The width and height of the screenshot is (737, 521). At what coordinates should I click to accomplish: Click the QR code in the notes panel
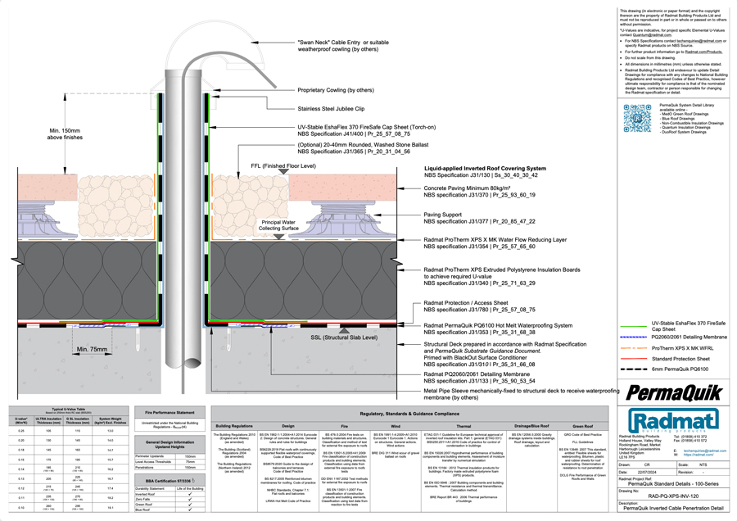pos(637,118)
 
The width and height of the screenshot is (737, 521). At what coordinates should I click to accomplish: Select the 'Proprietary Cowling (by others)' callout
pos(336,90)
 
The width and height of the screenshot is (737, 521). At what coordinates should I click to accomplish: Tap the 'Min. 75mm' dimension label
pos(93,349)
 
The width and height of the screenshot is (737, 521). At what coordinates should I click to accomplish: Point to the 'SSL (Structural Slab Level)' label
pos(343,337)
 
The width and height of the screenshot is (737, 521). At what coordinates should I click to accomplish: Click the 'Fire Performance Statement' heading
pos(169,413)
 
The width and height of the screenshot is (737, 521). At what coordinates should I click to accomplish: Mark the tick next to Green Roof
pos(190,504)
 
